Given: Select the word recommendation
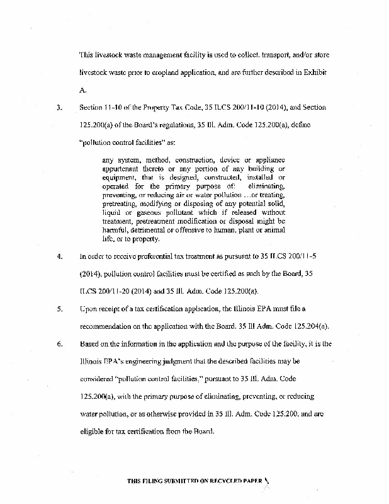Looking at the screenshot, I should click(110, 328).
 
